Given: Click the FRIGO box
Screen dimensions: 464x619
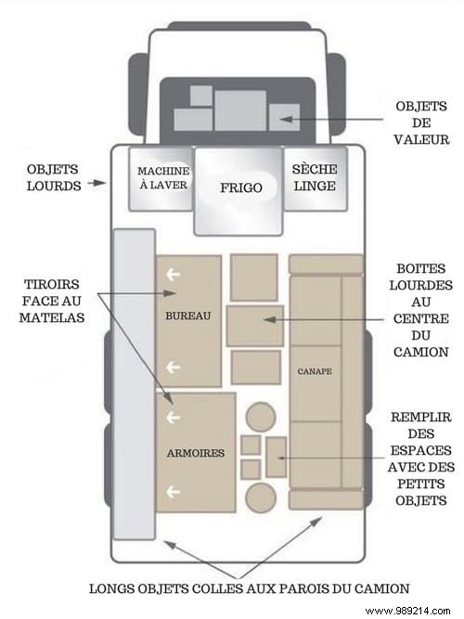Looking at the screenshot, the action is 238,191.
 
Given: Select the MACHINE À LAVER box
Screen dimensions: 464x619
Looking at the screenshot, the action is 161,178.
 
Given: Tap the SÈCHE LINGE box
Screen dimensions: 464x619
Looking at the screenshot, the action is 316,178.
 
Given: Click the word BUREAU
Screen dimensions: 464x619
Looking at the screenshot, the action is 188,316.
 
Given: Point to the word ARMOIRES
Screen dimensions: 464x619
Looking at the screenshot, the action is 196,453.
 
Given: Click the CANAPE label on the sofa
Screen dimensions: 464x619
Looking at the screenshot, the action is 315,371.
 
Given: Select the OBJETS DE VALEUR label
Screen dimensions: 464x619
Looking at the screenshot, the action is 421,123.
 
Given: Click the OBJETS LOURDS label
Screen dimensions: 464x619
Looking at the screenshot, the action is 53,177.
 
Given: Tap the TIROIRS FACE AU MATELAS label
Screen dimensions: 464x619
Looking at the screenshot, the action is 52,301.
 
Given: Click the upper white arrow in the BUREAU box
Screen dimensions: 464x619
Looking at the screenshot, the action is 174,274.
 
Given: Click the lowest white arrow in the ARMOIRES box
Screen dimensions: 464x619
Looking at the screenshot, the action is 174,492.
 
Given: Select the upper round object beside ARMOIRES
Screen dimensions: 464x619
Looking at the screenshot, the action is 261,418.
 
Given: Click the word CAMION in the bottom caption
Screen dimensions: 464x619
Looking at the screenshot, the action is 381,588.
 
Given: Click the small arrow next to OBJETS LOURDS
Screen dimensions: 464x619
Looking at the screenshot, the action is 97,183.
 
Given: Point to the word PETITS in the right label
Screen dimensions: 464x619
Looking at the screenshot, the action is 421,484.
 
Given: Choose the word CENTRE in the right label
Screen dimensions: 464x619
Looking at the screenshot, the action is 421,318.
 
